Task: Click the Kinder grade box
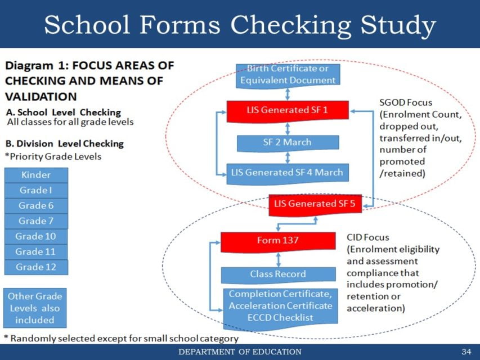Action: pyautogui.click(x=36, y=175)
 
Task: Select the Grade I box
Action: pyautogui.click(x=36, y=190)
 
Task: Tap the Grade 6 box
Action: pyautogui.click(x=36, y=205)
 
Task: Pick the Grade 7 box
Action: pyautogui.click(x=36, y=220)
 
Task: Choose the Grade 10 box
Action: pyautogui.click(x=36, y=236)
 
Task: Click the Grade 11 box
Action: pyautogui.click(x=36, y=251)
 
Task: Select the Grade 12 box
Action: pyautogui.click(x=36, y=267)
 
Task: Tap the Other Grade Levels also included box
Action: pyautogui.click(x=35, y=308)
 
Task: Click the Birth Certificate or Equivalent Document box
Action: pyautogui.click(x=288, y=75)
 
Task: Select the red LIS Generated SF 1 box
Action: pyautogui.click(x=288, y=110)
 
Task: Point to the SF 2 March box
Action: pyautogui.click(x=288, y=143)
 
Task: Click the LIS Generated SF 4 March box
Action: pyautogui.click(x=288, y=172)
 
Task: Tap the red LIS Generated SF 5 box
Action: pyautogui.click(x=315, y=204)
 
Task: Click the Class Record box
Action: pyautogui.click(x=278, y=274)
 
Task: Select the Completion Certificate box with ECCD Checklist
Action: pyautogui.click(x=280, y=307)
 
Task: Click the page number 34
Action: pyautogui.click(x=465, y=352)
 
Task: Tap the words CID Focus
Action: pyautogui.click(x=367, y=237)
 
